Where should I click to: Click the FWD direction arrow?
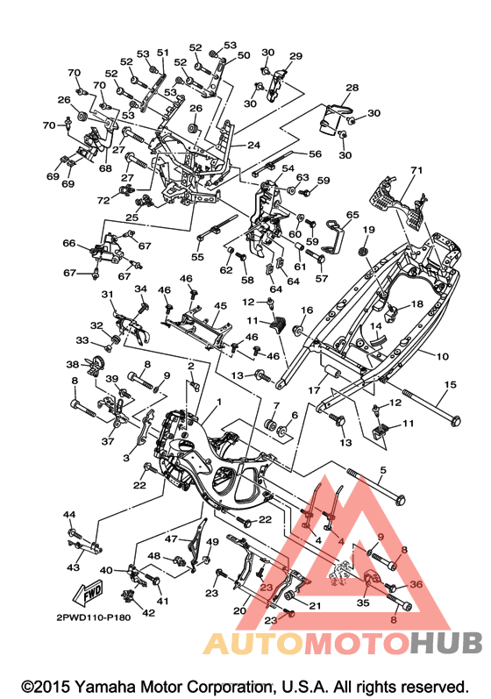(89, 593)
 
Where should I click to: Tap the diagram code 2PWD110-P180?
(94, 617)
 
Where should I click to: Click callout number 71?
(416, 170)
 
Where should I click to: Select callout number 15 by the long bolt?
(451, 384)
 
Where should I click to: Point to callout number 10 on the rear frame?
(443, 357)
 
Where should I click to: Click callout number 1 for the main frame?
(219, 402)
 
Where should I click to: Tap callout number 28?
(352, 88)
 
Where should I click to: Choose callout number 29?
(295, 56)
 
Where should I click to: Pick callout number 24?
(253, 145)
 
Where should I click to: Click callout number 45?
(221, 306)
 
